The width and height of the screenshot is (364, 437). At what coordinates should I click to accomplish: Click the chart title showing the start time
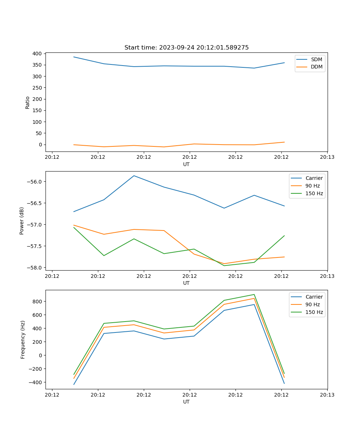click(186, 48)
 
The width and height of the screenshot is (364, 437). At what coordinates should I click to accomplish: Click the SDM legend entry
click(316, 59)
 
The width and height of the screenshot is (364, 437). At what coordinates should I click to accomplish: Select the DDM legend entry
click(316, 67)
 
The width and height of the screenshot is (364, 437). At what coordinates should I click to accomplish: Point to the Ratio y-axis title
click(28, 102)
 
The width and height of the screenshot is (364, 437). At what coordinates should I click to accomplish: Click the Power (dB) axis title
click(22, 221)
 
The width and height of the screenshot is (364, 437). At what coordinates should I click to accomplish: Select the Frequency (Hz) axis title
click(23, 339)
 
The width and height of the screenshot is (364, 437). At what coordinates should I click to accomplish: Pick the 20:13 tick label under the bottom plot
click(327, 395)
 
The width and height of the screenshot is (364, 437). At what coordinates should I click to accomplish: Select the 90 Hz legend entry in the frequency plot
click(312, 304)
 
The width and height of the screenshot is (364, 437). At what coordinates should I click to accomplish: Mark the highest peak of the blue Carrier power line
click(134, 176)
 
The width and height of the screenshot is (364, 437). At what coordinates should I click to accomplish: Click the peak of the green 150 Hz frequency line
click(254, 295)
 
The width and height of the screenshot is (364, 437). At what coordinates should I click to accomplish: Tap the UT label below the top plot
click(186, 164)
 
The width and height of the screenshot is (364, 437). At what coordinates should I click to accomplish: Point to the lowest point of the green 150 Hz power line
click(224, 265)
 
